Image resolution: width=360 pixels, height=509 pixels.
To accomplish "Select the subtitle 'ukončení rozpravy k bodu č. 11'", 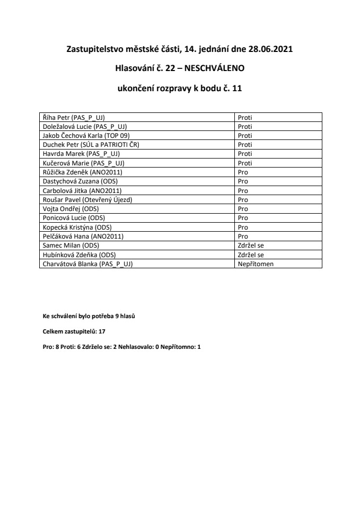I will coord(180,89).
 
